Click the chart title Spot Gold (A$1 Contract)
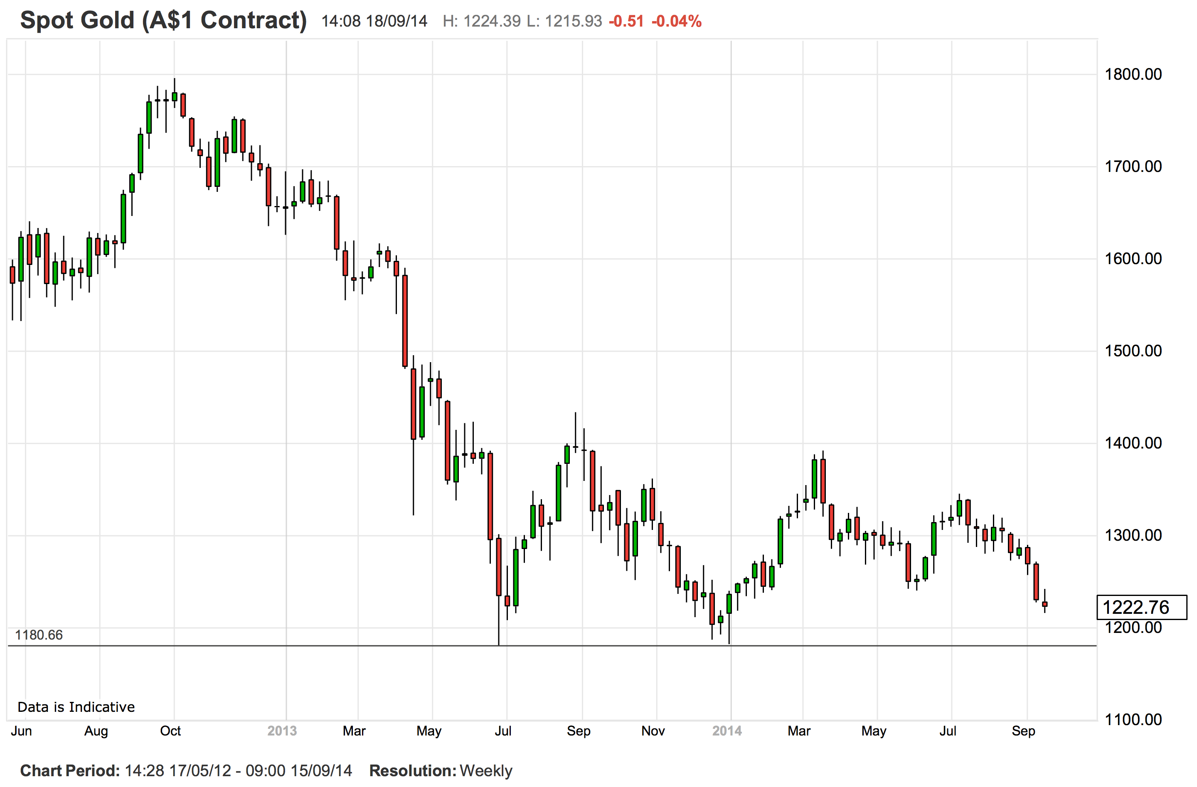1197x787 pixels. point(163,21)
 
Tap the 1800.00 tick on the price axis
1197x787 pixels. point(1133,74)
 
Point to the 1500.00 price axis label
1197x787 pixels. point(1133,351)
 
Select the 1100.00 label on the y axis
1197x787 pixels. point(1133,719)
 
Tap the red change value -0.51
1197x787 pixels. point(626,21)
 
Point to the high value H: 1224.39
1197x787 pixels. point(481,21)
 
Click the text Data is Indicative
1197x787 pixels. point(76,707)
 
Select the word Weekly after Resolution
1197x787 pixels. point(485,770)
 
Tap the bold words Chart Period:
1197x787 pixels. point(70,770)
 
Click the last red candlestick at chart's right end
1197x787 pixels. point(1044,604)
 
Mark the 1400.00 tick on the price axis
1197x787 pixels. point(1133,443)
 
